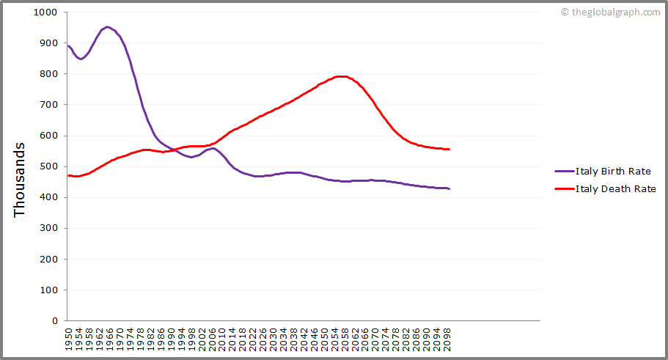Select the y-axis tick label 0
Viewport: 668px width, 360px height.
point(54,320)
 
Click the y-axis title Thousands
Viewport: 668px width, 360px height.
point(20,179)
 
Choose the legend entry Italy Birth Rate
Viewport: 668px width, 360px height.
point(613,172)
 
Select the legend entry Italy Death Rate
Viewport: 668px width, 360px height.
point(615,188)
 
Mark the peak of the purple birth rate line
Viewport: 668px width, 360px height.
point(107,27)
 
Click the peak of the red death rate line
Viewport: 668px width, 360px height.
point(341,76)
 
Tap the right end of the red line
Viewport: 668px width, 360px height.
point(449,149)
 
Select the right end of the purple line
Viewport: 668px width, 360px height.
point(449,189)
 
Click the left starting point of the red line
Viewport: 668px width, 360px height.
point(67,175)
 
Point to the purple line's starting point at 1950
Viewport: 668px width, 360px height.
point(67,45)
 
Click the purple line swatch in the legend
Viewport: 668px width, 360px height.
point(564,172)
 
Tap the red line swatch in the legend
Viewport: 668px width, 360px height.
point(564,188)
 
